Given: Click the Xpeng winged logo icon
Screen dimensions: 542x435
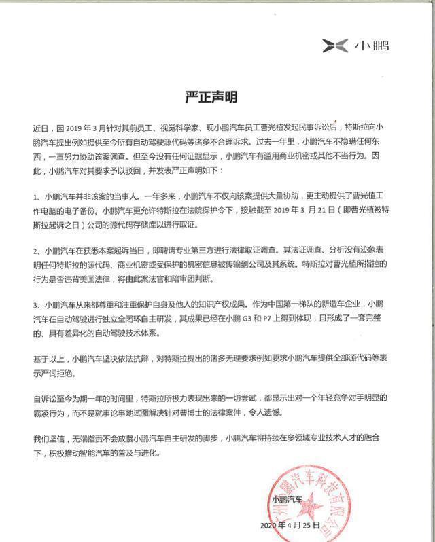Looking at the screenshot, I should click(x=336, y=46).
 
